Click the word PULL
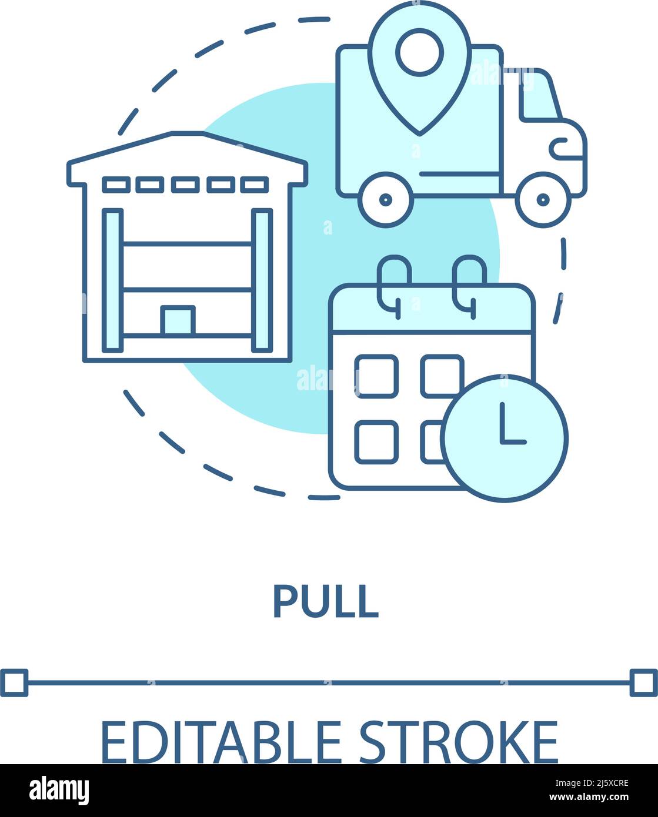tap(326, 601)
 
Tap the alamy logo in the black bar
tap(59, 791)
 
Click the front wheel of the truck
tap(543, 200)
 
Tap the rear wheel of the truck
tap(386, 200)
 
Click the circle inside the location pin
tap(419, 52)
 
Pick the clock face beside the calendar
tap(504, 438)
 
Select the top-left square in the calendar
tap(376, 377)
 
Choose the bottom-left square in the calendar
tap(376, 442)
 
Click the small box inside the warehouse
tap(178, 320)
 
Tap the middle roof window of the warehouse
tap(185, 185)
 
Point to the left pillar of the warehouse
tap(112, 280)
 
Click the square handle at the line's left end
tap(14, 683)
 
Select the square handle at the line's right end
tap(644, 683)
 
